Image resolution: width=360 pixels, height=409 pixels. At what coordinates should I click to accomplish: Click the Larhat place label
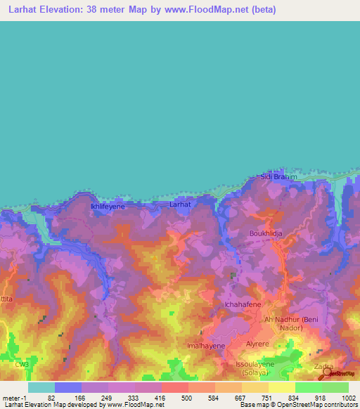point(180,204)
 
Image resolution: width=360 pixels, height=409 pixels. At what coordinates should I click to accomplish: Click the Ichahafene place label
point(243,304)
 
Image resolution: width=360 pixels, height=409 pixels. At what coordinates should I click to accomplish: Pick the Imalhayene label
point(206,346)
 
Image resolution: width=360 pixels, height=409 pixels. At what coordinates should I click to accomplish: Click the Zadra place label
point(323,367)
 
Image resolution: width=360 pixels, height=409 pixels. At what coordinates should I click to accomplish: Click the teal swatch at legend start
point(41,387)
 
